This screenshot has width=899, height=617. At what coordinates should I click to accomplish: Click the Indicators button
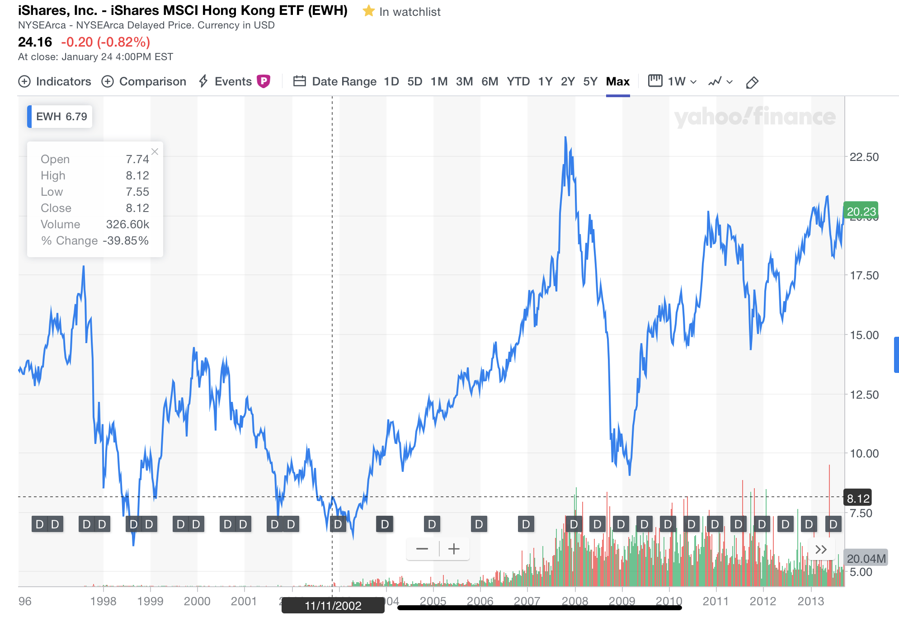(55, 82)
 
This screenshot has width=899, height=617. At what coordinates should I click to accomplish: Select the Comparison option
(144, 82)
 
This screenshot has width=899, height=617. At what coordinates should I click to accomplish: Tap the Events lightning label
(226, 82)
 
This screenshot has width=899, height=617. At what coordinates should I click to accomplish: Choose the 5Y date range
(590, 82)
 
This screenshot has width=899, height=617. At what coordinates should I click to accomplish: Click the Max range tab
(617, 82)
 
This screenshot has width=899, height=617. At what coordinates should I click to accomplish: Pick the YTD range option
(518, 82)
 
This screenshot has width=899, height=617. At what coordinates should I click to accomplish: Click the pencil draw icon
(752, 83)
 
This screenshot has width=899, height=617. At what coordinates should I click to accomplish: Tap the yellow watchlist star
(369, 11)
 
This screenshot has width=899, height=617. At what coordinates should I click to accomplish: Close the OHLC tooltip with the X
(155, 152)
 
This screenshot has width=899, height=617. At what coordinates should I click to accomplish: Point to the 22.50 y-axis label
(864, 157)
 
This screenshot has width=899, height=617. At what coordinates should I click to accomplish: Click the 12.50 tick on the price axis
(864, 395)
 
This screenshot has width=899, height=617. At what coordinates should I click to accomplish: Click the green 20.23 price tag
(861, 211)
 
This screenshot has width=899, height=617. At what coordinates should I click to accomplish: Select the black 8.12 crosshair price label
(858, 498)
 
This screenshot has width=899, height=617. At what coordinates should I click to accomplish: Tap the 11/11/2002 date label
(333, 606)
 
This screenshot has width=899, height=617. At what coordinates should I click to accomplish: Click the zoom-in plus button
(454, 549)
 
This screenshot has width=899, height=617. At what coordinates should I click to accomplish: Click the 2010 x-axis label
(668, 601)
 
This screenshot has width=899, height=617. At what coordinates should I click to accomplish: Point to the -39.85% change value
(126, 240)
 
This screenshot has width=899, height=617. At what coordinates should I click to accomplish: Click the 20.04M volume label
(866, 558)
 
